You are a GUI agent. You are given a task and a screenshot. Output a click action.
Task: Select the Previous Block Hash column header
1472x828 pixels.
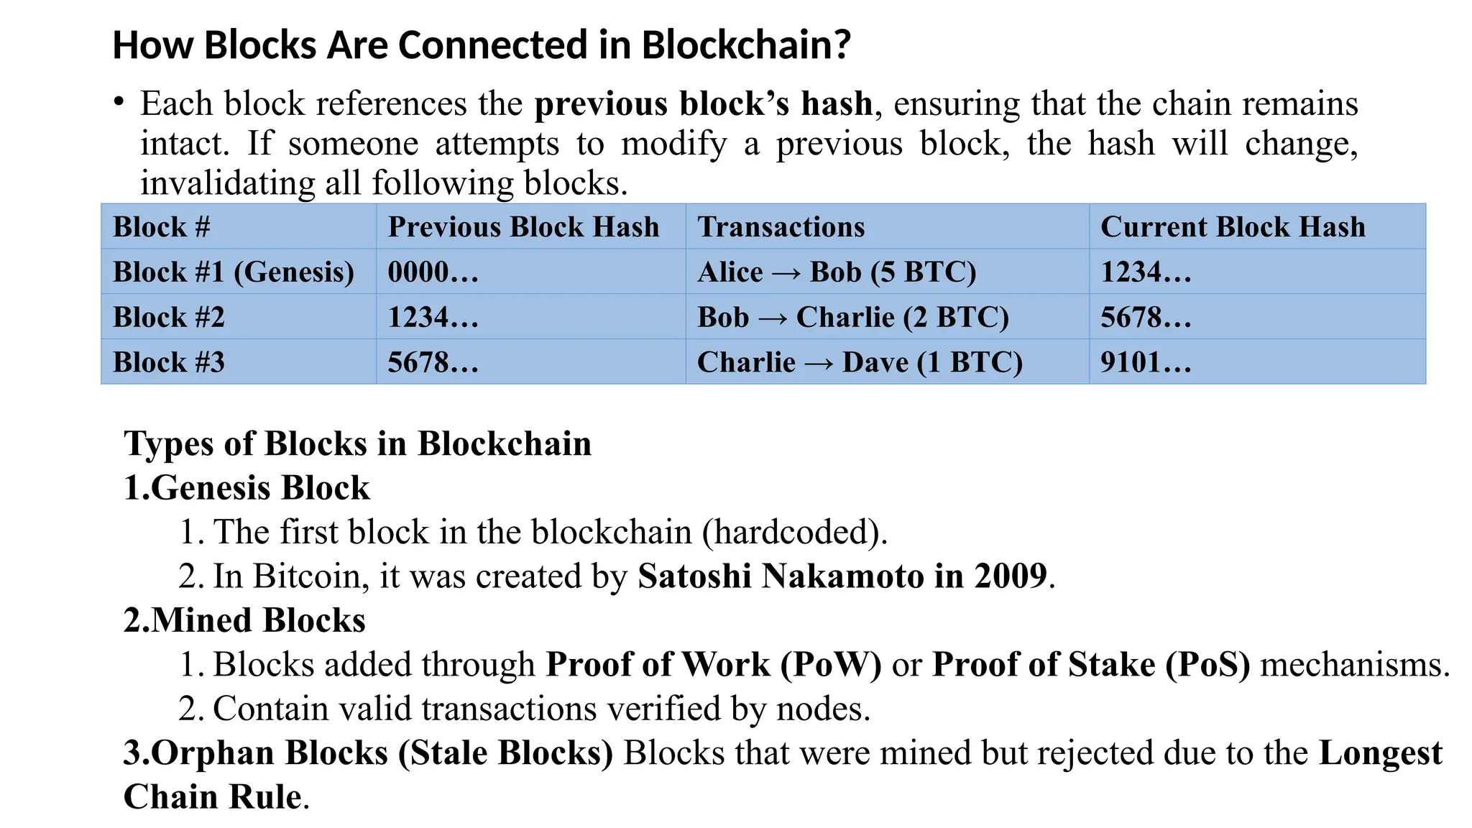pos(523,227)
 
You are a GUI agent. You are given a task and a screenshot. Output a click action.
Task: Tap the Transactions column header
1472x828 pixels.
pos(781,227)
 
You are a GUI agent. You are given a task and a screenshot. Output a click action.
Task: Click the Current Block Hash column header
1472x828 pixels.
pos(1233,227)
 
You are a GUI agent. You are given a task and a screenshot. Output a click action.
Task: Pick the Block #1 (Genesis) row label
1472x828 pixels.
pos(234,272)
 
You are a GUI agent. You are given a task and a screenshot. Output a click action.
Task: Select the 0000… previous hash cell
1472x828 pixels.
pos(433,272)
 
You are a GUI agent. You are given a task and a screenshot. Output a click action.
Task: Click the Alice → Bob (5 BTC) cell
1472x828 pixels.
pos(837,272)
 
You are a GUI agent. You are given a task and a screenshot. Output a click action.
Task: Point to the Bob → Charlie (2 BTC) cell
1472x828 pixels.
pos(853,318)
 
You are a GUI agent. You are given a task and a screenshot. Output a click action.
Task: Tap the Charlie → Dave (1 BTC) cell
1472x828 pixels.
pos(860,362)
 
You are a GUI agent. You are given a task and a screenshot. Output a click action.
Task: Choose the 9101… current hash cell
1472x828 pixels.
pos(1146,362)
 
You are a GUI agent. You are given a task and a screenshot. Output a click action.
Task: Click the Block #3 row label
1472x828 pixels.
pos(169,362)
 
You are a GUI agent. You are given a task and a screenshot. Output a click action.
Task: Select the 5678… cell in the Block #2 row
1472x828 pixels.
pos(1146,318)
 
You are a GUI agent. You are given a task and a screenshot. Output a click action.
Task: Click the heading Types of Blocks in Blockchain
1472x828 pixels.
pos(357,443)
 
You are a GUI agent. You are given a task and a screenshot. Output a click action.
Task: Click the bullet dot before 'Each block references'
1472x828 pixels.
pos(119,101)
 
